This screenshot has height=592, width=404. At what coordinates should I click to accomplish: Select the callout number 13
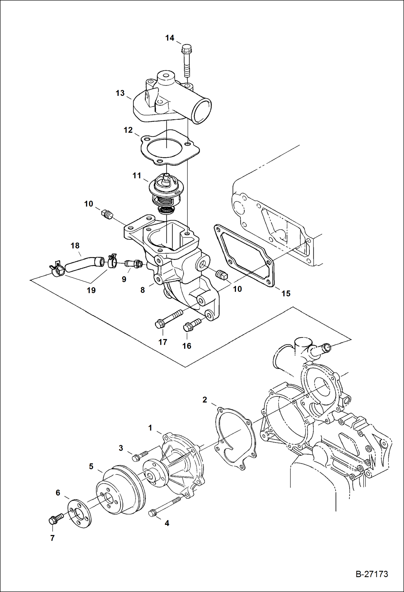(x=120, y=93)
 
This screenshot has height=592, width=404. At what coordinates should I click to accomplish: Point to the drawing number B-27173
(x=372, y=574)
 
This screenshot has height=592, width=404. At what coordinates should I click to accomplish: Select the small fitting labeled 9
(x=133, y=263)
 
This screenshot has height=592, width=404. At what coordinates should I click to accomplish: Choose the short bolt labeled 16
(x=191, y=324)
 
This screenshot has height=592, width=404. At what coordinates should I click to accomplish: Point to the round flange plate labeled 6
(x=79, y=514)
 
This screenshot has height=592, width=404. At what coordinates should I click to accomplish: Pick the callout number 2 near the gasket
(x=205, y=400)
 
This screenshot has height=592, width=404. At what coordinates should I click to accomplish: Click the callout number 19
(x=91, y=290)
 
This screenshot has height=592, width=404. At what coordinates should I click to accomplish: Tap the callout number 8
(x=142, y=290)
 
